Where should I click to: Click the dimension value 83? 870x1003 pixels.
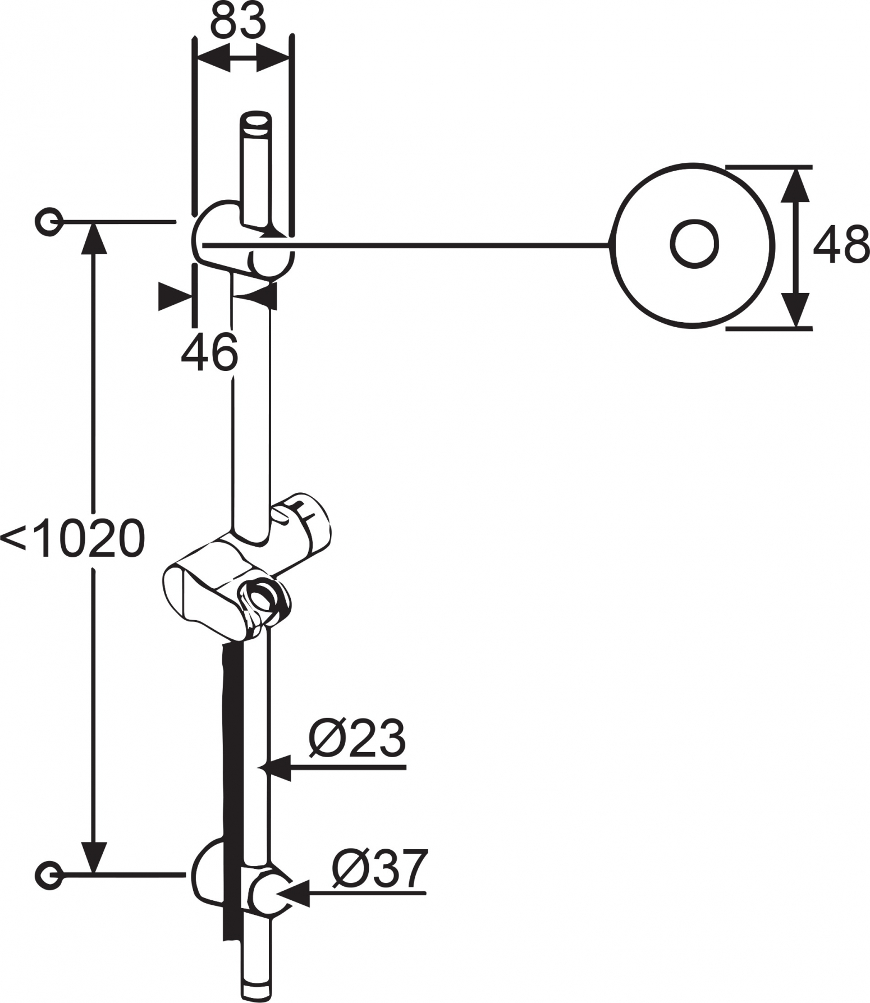(x=237, y=21)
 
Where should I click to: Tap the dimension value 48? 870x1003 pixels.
(x=841, y=245)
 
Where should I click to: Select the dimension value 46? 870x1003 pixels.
(x=209, y=351)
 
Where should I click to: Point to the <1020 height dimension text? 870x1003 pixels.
(x=73, y=538)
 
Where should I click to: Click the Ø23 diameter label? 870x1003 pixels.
(x=357, y=738)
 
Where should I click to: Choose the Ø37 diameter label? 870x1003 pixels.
(x=380, y=868)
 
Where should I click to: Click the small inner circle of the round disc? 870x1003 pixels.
(x=694, y=243)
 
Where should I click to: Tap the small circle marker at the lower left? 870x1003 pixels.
(x=49, y=874)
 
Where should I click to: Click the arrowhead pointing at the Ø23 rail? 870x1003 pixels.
(x=281, y=768)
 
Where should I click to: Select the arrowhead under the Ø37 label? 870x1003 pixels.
(x=295, y=893)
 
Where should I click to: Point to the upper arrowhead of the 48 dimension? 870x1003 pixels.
(x=795, y=185)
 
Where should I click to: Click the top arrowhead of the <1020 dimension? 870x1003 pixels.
(x=93, y=239)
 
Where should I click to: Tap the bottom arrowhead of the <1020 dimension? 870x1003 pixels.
(x=93, y=858)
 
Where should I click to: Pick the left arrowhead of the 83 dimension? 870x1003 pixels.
(x=214, y=58)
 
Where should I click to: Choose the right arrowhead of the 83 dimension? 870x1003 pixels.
(x=273, y=58)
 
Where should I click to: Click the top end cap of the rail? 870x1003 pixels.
(x=255, y=123)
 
